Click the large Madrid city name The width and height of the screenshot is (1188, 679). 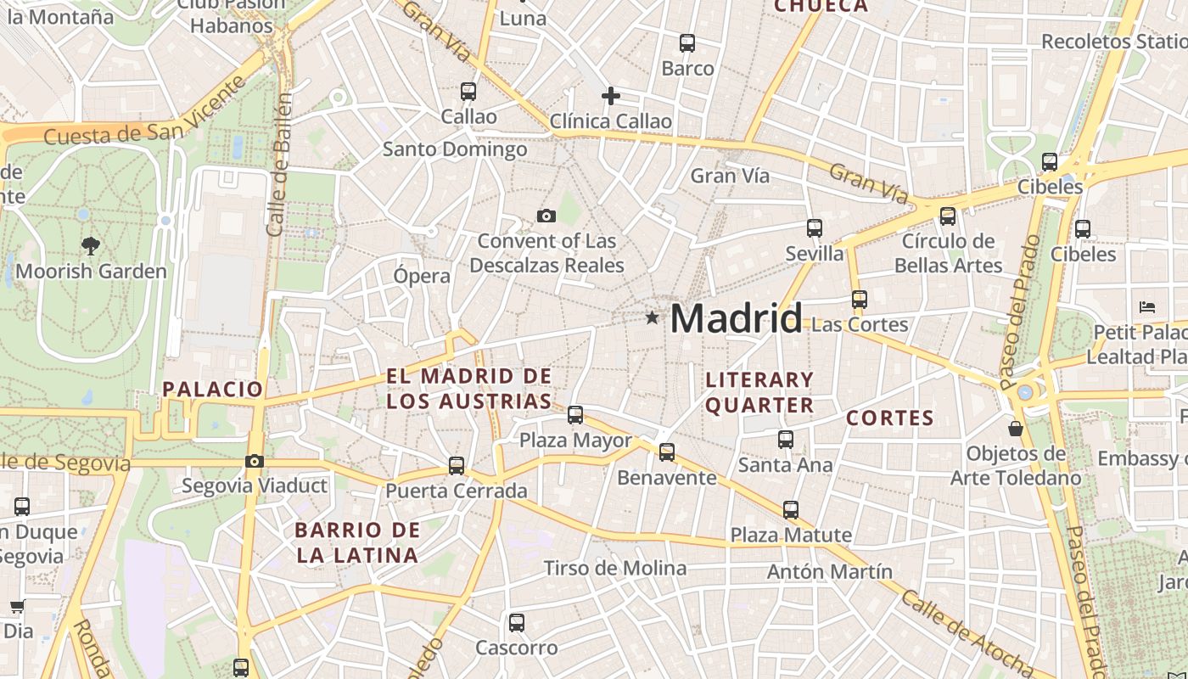(736, 318)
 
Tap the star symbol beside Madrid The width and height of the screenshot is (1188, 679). (652, 318)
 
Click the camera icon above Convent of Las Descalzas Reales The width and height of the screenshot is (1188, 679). (546, 216)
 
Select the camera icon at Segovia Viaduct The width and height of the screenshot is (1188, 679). (254, 462)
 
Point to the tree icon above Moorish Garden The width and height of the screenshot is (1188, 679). (91, 247)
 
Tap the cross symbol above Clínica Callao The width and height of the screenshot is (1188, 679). (610, 96)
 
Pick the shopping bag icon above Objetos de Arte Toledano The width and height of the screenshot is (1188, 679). (1015, 429)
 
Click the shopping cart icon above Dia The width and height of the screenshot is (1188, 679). (17, 607)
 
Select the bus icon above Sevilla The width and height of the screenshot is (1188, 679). (815, 227)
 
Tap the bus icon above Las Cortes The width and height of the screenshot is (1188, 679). (860, 300)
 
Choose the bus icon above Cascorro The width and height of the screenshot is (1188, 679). (517, 623)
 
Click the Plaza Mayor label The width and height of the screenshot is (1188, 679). (575, 441)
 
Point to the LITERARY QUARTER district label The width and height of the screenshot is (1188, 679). (759, 392)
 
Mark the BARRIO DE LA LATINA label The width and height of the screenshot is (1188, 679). (356, 543)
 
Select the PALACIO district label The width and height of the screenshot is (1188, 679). (213, 390)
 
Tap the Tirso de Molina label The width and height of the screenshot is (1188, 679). (615, 568)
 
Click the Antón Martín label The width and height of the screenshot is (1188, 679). (830, 571)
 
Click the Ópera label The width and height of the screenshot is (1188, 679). (422, 276)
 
